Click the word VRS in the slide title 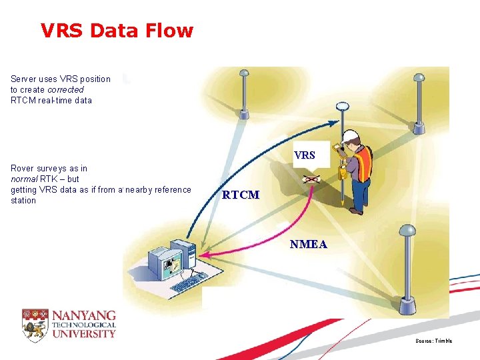[61, 31]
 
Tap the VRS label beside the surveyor [305, 155]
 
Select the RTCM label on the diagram [241, 195]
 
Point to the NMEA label [309, 244]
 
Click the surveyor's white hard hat [349, 135]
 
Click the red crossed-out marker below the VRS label [311, 179]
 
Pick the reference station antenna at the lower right [407, 231]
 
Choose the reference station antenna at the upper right [419, 77]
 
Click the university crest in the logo [35, 325]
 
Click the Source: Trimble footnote [433, 341]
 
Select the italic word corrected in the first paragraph [65, 89]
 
